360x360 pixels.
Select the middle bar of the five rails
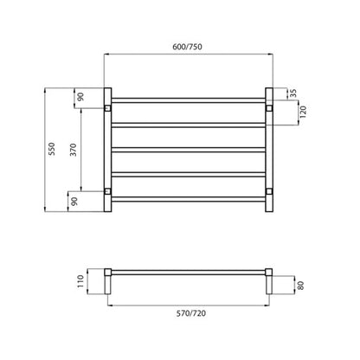[187, 150]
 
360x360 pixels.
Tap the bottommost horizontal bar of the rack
[187, 201]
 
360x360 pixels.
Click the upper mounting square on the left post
[106, 108]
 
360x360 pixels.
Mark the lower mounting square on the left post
[106, 190]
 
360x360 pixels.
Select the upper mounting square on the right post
[268, 108]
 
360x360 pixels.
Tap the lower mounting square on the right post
[268, 190]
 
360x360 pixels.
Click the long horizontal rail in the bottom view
[187, 272]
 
